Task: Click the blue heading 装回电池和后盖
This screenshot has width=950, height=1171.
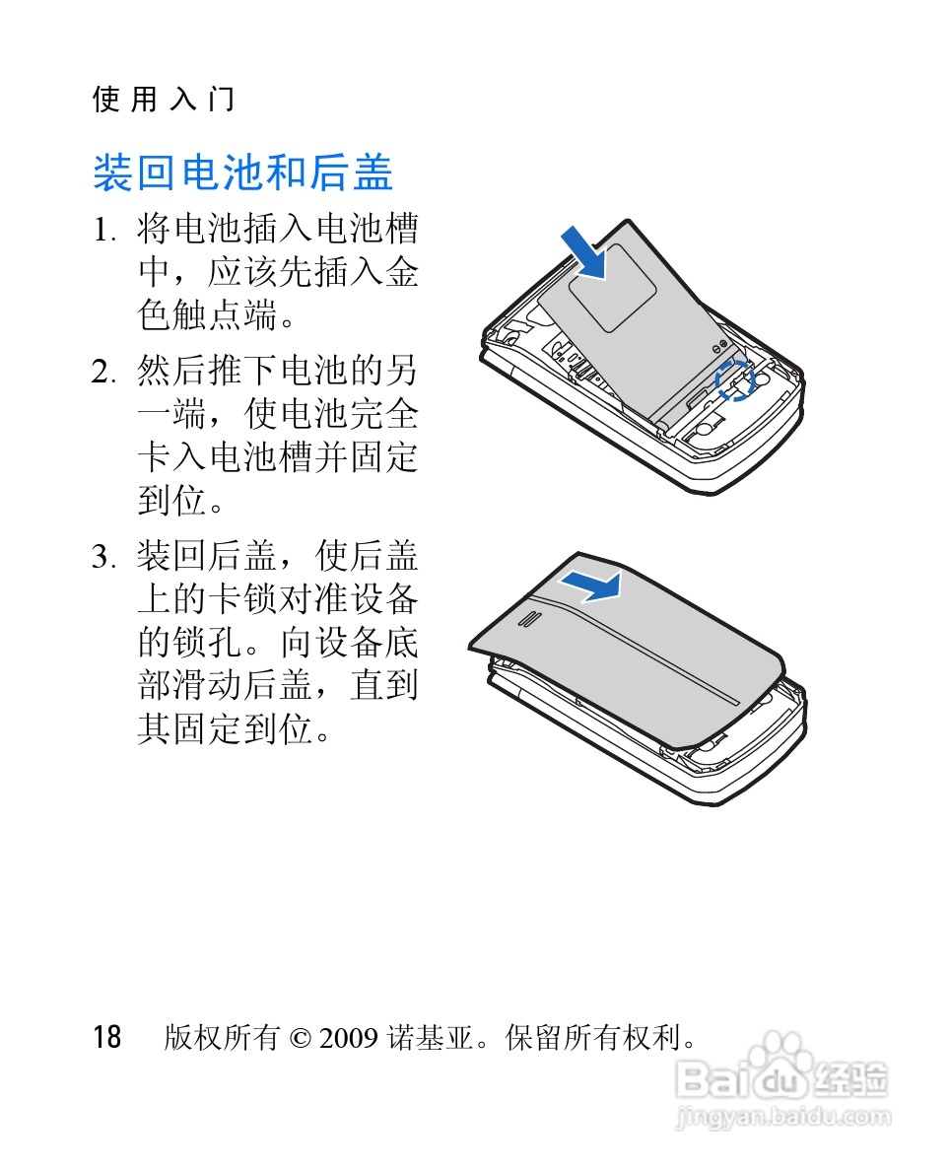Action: [242, 172]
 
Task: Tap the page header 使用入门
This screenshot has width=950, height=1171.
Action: [164, 99]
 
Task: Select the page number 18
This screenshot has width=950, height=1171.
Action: [106, 1037]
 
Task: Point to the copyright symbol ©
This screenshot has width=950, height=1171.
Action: [300, 1038]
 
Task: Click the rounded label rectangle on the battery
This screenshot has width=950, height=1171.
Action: [612, 288]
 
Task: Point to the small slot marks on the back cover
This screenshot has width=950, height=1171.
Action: [528, 620]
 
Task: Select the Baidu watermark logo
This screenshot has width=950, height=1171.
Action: [781, 1074]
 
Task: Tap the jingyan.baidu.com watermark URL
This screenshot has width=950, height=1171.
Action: [782, 1117]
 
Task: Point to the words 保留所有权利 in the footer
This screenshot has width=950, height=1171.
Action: [591, 1037]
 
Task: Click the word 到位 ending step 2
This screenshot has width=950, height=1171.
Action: [171, 501]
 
